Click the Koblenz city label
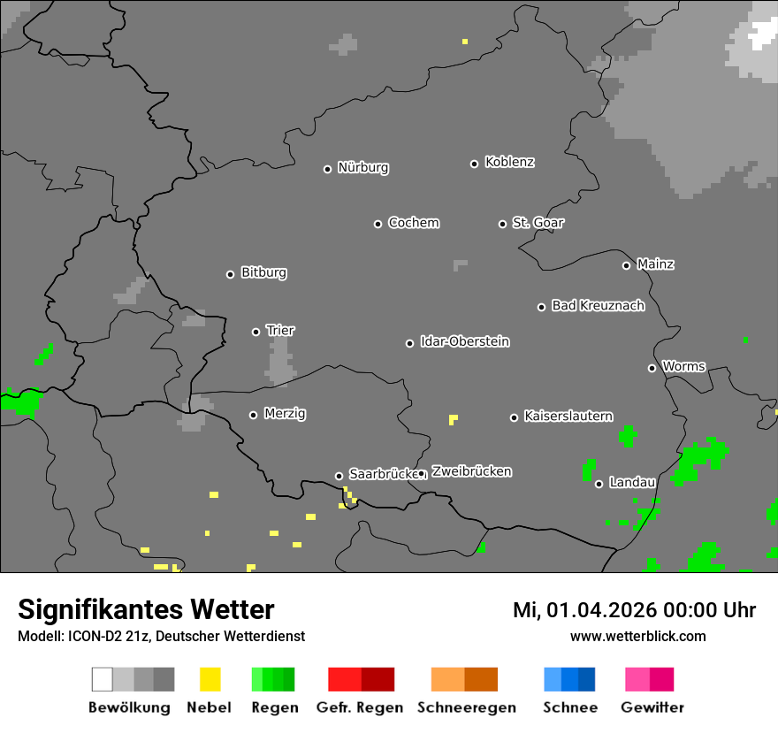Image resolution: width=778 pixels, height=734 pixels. (509, 162)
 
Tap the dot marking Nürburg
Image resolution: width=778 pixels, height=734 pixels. (327, 169)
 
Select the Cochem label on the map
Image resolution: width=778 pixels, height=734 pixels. (414, 223)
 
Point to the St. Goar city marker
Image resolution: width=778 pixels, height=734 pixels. (502, 224)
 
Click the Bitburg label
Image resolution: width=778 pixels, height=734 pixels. (263, 272)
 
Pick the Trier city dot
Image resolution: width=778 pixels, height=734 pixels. (256, 332)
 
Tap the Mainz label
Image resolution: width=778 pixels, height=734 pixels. (655, 264)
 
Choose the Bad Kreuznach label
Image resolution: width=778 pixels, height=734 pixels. (598, 305)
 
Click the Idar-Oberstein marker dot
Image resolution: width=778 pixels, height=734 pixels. (409, 343)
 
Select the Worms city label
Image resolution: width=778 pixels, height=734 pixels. (683, 366)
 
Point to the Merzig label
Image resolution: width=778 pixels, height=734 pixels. (285, 413)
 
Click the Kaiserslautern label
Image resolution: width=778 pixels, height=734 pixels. (568, 416)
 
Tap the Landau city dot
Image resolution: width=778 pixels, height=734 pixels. (599, 484)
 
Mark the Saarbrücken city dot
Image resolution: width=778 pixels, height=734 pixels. (338, 476)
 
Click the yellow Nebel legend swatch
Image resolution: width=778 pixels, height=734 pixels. (210, 679)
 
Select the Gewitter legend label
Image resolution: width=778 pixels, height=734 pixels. (652, 707)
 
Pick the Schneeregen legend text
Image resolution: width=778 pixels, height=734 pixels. (466, 707)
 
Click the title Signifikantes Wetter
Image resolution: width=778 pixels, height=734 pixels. (146, 609)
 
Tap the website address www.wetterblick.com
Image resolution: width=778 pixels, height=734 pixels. (637, 636)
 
